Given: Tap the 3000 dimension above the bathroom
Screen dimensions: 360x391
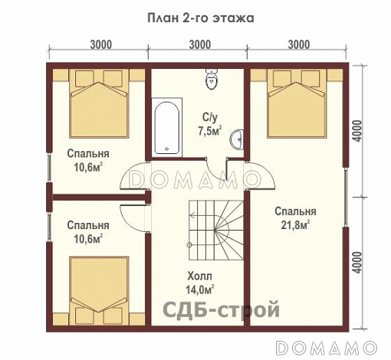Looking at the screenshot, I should (x=199, y=44).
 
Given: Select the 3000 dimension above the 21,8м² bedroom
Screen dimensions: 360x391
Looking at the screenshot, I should (x=300, y=44).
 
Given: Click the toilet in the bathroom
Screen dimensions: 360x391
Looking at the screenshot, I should (x=212, y=78).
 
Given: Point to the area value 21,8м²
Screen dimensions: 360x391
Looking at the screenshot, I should (x=294, y=225).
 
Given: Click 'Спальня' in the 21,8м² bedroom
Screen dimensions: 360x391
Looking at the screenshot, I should (x=294, y=211).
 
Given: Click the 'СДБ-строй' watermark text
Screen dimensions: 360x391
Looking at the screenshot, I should (x=222, y=309).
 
